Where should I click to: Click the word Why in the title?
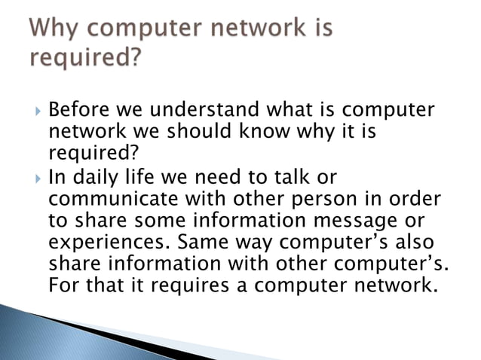56,31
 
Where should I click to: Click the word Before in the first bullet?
77,111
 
